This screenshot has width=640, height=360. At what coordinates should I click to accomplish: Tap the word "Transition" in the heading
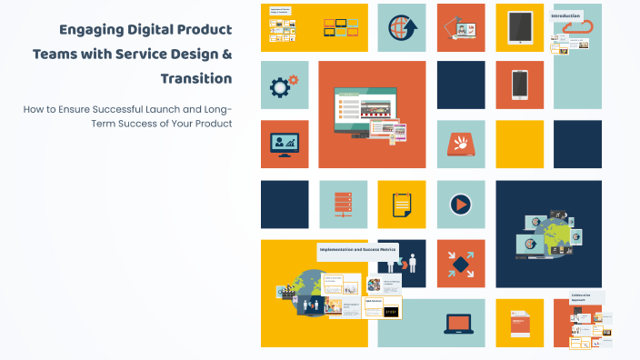(195, 78)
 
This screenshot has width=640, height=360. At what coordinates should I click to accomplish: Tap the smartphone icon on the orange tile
(519, 85)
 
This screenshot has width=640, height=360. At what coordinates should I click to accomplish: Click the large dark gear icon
(281, 86)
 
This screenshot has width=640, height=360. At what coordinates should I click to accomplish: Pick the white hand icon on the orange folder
(461, 144)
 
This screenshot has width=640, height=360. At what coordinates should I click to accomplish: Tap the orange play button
(461, 204)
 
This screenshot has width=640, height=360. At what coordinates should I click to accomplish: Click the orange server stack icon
(343, 204)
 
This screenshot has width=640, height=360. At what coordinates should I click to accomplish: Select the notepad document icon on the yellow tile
(401, 204)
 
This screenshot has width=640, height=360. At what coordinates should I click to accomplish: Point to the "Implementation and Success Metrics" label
(358, 248)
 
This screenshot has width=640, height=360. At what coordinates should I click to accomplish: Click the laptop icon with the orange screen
(460, 323)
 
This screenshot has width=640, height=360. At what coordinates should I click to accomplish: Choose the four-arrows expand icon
(461, 264)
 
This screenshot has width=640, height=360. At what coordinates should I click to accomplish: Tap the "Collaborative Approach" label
(582, 296)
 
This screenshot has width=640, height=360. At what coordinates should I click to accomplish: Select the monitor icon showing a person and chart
(285, 144)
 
